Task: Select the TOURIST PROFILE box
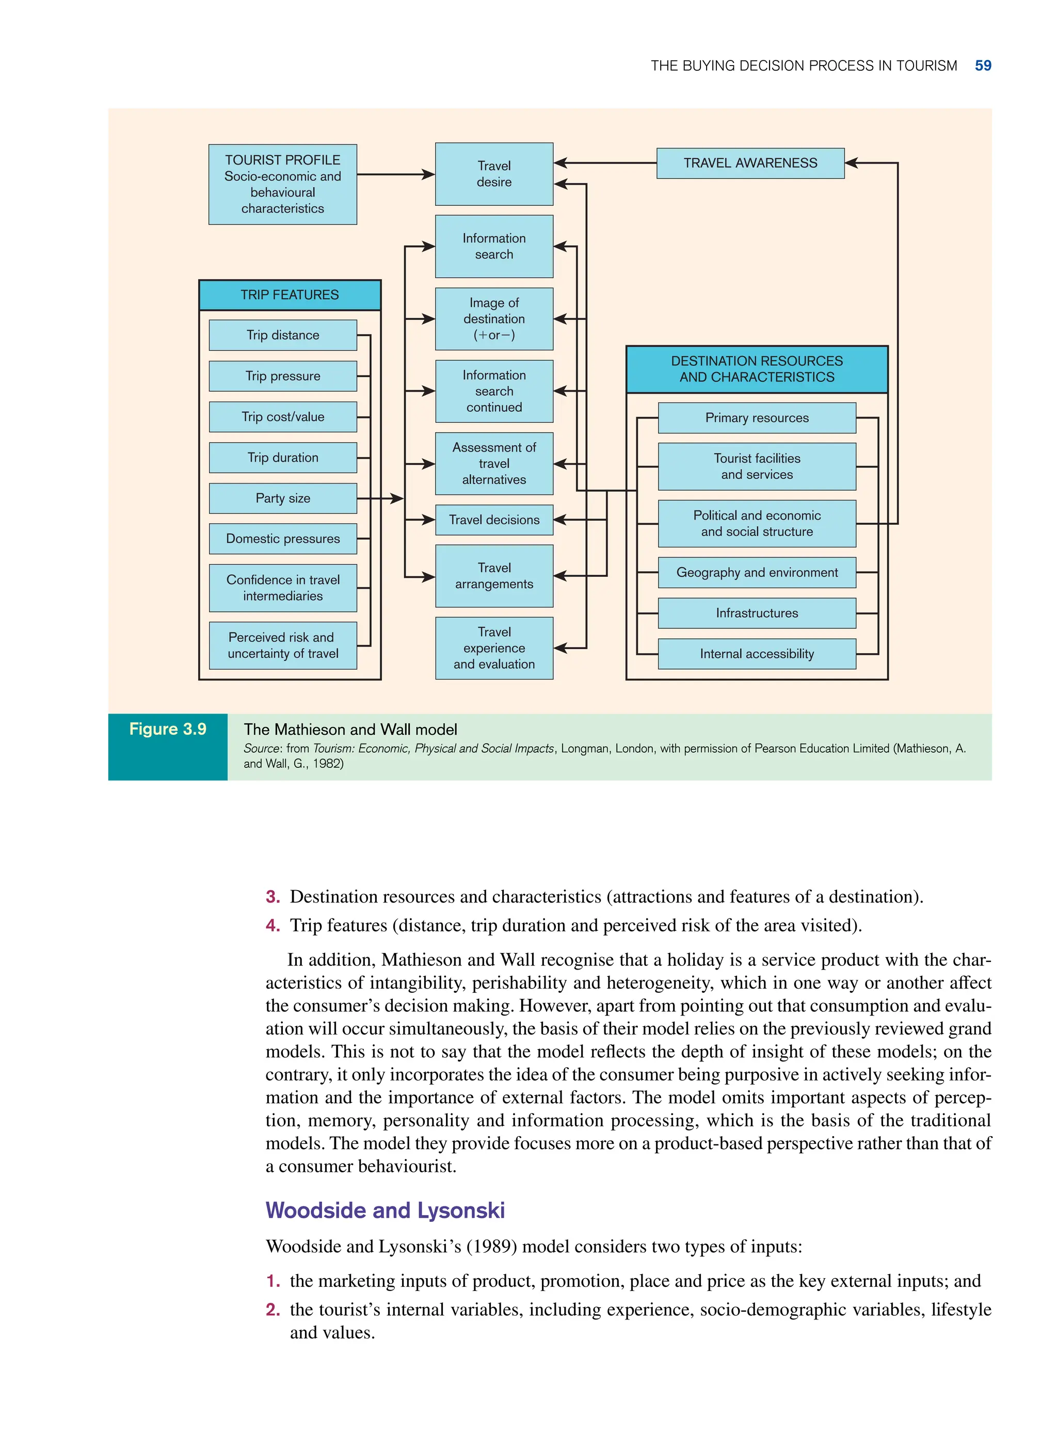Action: pyautogui.click(x=282, y=184)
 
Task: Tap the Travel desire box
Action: pyautogui.click(x=494, y=174)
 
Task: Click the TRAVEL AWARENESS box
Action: pyautogui.click(x=750, y=163)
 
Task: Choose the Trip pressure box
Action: pyautogui.click(x=283, y=376)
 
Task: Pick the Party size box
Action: pyautogui.click(x=283, y=498)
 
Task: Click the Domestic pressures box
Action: pyautogui.click(x=283, y=539)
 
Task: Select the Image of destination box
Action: pyautogui.click(x=494, y=318)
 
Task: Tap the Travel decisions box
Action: pyautogui.click(x=494, y=520)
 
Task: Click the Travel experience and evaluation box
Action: pyautogui.click(x=494, y=648)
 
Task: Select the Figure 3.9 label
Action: pyautogui.click(x=168, y=729)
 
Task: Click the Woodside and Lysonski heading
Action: pyautogui.click(x=385, y=1210)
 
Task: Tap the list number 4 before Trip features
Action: pyautogui.click(x=273, y=926)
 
